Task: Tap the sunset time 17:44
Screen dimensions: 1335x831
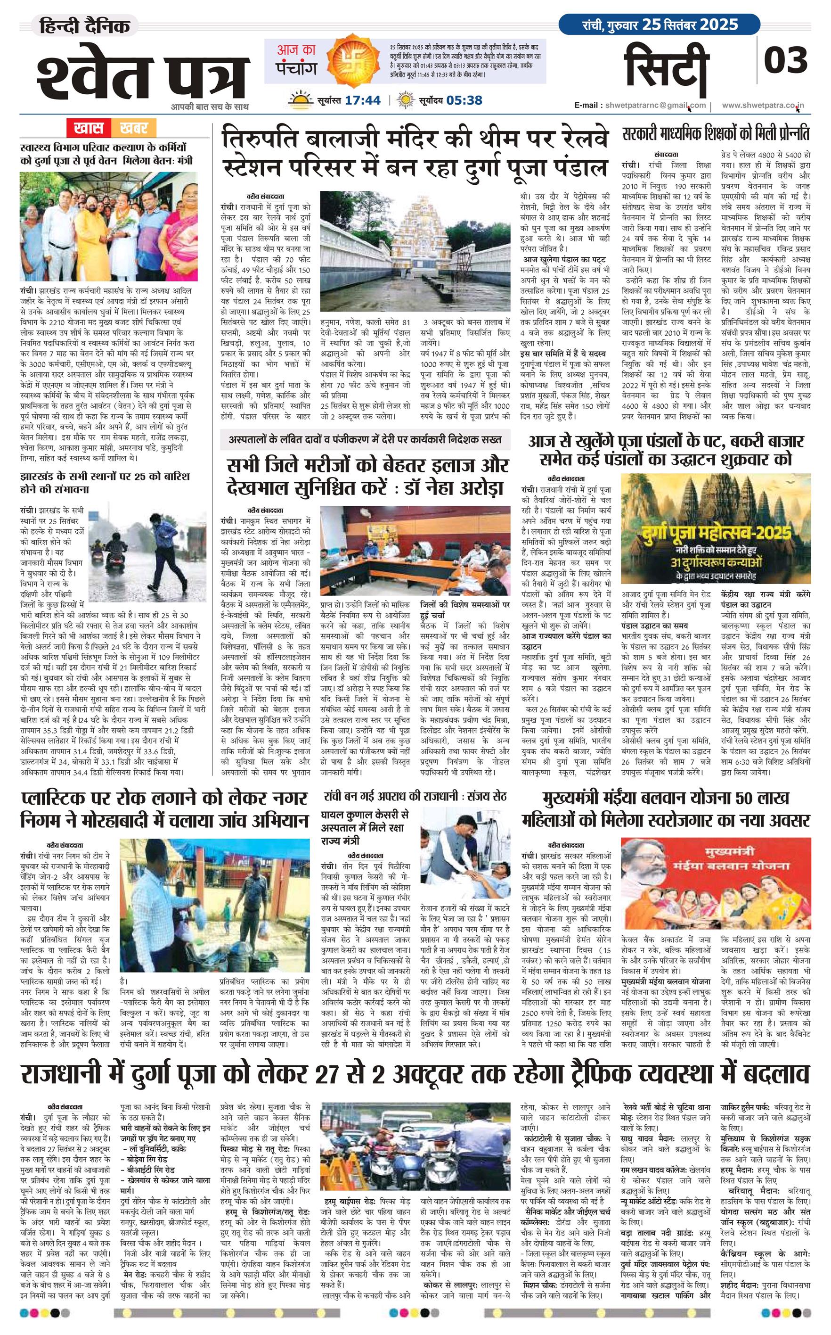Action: (363, 100)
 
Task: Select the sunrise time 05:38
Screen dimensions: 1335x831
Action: (464, 100)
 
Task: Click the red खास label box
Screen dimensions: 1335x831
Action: (89, 128)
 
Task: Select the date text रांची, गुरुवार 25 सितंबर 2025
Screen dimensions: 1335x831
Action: (660, 25)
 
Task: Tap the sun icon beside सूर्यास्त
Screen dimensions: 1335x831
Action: (300, 100)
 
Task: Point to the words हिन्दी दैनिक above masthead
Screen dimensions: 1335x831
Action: (89, 26)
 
